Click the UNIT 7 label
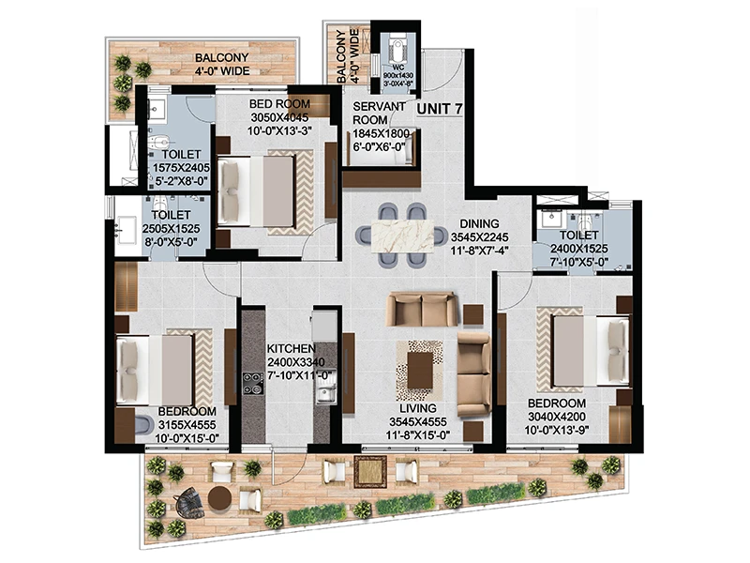440,109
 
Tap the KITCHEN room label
291,348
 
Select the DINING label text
479,223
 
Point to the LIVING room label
418,408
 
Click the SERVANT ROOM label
379,113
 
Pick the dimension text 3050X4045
279,117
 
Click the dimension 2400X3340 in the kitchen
295,362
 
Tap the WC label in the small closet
397,68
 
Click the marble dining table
402,235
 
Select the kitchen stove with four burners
253,384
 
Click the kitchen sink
325,395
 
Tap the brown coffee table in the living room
420,370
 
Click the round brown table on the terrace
220,498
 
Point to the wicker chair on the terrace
189,503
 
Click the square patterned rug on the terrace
370,471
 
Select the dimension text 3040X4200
556,417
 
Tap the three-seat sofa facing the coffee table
422,309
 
